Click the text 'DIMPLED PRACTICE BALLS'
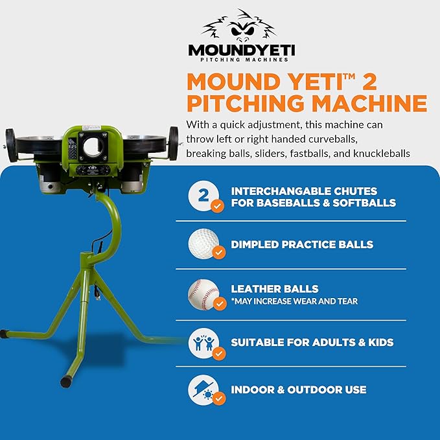tap(302, 245)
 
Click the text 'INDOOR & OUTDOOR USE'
tap(299, 390)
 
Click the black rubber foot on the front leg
tap(66, 382)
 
